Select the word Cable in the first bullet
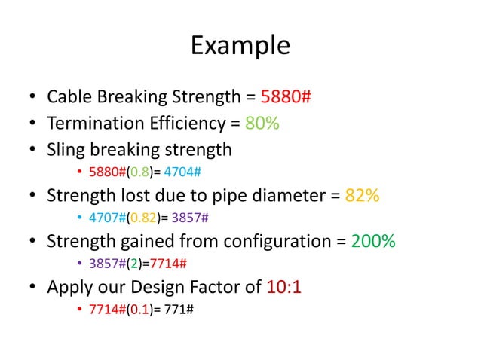tap(69, 97)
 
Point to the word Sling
tap(66, 150)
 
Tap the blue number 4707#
tap(106, 219)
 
